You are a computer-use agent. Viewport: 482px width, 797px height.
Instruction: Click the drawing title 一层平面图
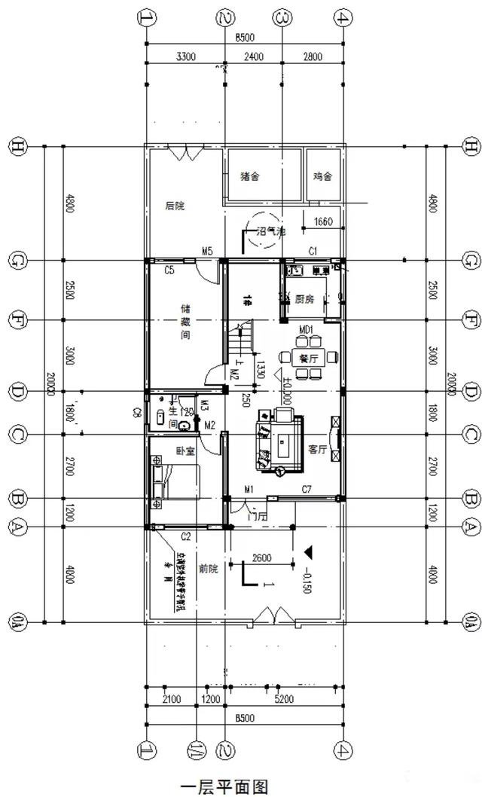[224, 786]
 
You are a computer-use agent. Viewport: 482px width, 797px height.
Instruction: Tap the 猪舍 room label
[250, 177]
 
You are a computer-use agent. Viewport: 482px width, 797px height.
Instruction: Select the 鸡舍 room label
[322, 177]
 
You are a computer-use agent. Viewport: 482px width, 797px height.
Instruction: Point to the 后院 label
[175, 205]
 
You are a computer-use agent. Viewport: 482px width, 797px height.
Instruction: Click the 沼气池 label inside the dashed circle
[271, 233]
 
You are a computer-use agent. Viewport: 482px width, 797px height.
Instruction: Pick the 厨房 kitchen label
[304, 298]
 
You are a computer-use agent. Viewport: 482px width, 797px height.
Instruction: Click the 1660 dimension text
[322, 221]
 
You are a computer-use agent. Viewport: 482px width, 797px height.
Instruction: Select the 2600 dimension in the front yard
[261, 558]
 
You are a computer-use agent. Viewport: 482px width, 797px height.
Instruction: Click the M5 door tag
[207, 251]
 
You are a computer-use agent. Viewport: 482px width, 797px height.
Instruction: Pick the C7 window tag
[307, 490]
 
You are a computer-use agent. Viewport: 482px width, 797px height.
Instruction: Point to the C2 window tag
[185, 536]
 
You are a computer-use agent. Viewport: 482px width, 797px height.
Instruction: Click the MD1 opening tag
[306, 330]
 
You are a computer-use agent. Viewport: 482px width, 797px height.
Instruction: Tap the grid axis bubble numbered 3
[282, 17]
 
